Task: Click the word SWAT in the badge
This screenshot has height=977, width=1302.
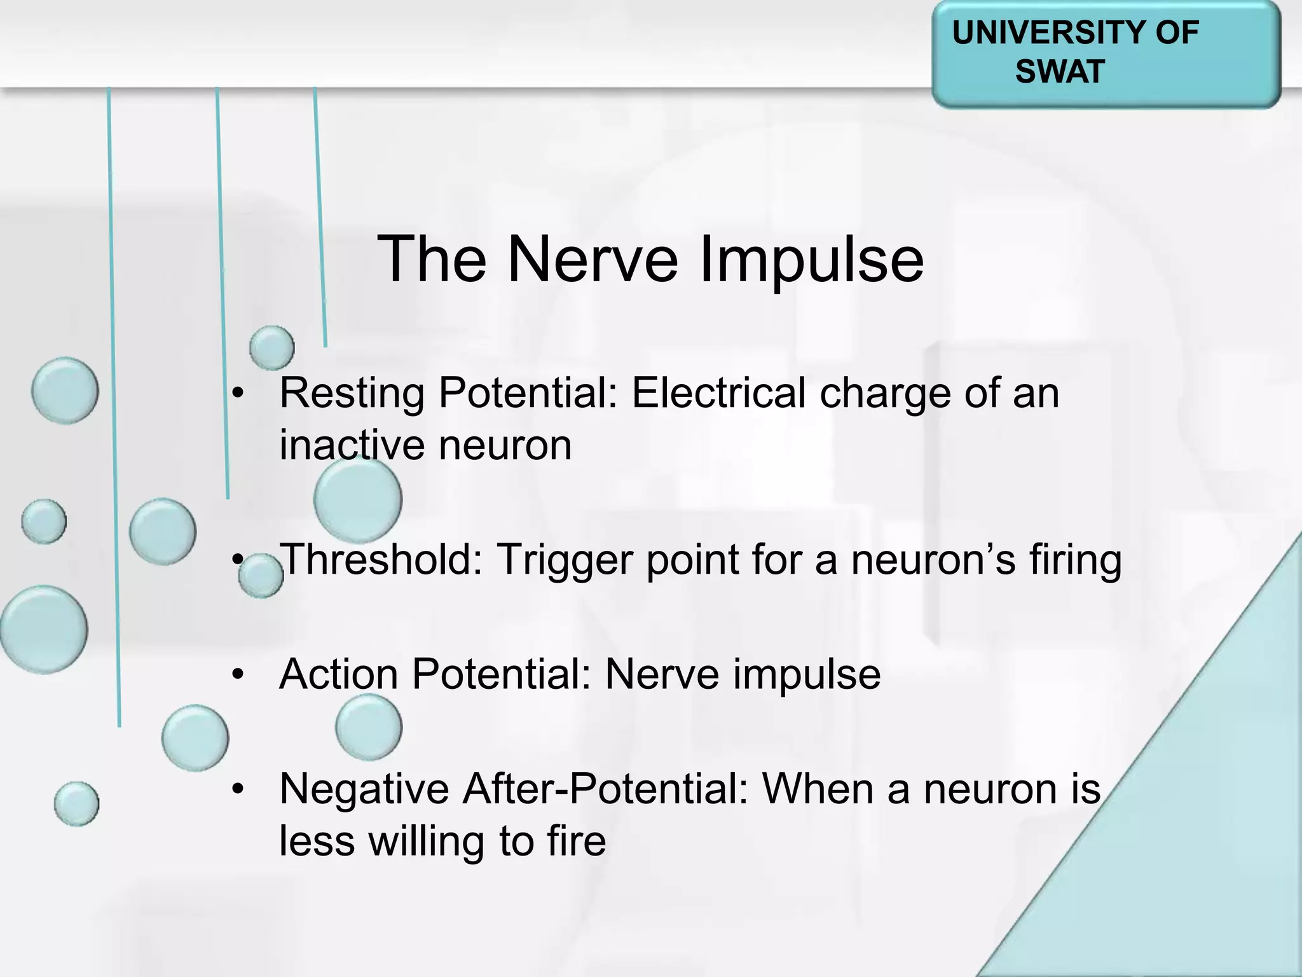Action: click(1059, 71)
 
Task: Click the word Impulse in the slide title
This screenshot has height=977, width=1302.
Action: click(811, 260)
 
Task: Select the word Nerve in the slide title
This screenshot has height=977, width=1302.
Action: click(593, 260)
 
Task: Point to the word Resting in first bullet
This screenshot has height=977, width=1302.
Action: click(352, 393)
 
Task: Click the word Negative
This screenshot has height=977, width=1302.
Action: click(364, 789)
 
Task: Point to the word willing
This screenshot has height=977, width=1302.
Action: click(427, 841)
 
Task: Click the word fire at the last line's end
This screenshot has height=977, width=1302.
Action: click(576, 841)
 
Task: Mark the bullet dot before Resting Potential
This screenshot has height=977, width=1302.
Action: click(238, 394)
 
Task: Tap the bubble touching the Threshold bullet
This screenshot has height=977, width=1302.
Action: click(261, 576)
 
